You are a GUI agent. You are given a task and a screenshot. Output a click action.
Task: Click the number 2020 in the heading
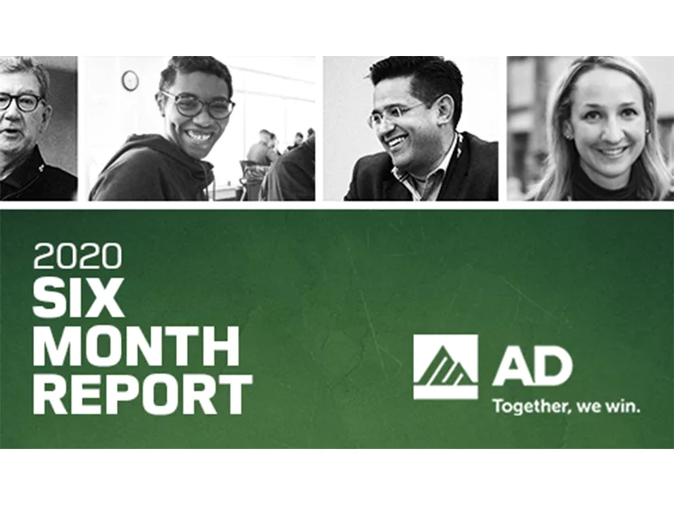tap(77, 257)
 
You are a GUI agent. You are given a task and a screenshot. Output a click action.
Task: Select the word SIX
tap(79, 298)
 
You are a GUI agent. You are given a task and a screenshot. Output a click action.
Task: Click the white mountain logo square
tap(446, 367)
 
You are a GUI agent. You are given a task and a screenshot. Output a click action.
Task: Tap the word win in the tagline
tap(623, 406)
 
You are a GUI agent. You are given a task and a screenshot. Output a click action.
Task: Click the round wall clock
tap(130, 80)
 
